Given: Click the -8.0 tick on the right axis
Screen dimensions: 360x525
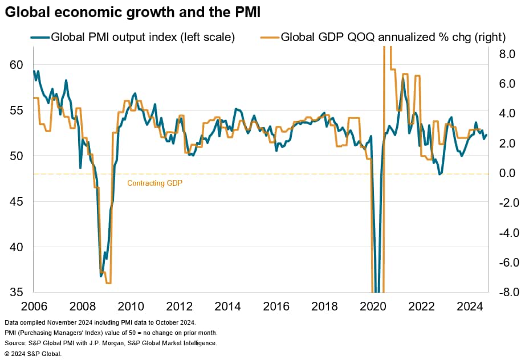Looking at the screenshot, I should click(x=507, y=292).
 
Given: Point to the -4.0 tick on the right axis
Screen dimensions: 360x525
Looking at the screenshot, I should click(x=507, y=232).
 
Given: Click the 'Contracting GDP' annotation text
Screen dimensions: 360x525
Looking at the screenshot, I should click(x=154, y=183).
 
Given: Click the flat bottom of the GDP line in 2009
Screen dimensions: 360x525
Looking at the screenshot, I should click(x=108, y=283).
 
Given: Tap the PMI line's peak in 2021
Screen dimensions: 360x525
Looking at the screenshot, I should click(x=403, y=79).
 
